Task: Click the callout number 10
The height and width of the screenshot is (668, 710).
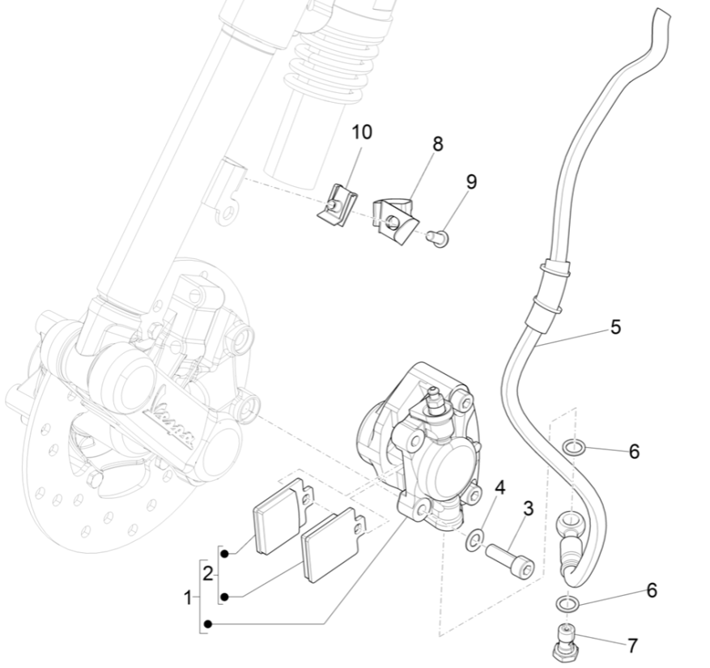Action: pos(361,132)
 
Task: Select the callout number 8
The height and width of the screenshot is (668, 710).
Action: pos(438,144)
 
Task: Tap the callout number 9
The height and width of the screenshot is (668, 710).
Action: pos(471,181)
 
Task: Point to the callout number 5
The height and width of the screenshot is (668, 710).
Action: pos(615,327)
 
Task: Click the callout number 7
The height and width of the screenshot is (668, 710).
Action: pos(631,645)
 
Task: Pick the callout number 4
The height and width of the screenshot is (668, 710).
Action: pos(500,487)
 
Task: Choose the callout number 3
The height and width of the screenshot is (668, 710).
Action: pos(528,508)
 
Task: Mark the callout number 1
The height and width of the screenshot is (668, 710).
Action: pos(189,598)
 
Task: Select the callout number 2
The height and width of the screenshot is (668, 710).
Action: pos(208,574)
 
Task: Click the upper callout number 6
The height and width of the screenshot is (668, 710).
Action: pos(634,452)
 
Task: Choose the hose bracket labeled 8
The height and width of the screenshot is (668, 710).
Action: pos(393,216)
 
